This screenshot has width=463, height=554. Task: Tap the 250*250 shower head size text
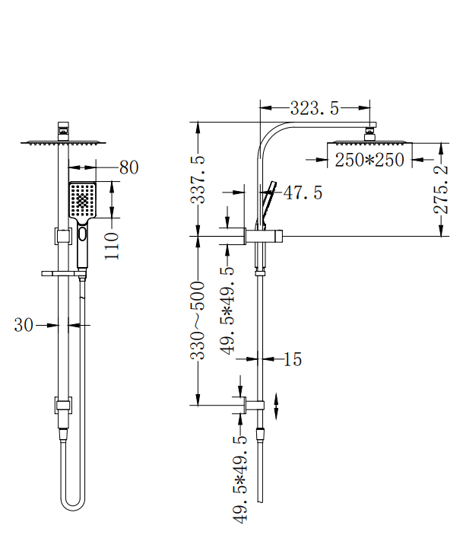pyautogui.click(x=369, y=161)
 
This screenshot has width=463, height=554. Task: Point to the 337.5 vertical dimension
pyautogui.click(x=198, y=180)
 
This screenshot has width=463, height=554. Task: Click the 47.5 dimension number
pyautogui.click(x=303, y=193)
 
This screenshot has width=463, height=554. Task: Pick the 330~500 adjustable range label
pyautogui.click(x=198, y=320)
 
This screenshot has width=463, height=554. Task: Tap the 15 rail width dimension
pyautogui.click(x=293, y=359)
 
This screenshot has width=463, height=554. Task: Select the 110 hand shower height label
pyautogui.click(x=113, y=246)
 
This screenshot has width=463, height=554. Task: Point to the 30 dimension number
pyautogui.click(x=24, y=325)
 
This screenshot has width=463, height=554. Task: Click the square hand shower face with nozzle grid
pyautogui.click(x=82, y=200)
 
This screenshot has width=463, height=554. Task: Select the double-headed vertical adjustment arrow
pyautogui.click(x=276, y=406)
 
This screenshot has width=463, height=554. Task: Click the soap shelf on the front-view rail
pyautogui.click(x=61, y=272)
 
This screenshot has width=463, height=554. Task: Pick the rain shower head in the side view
pyautogui.click(x=369, y=143)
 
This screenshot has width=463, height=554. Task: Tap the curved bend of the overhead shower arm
pyautogui.click(x=268, y=137)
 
